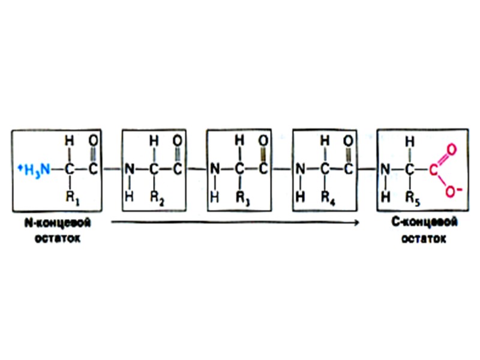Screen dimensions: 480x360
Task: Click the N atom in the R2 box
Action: click(x=128, y=169)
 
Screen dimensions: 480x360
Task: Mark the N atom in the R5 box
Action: click(x=384, y=169)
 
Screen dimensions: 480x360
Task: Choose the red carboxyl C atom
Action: click(x=433, y=169)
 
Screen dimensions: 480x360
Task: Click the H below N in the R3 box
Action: click(x=214, y=196)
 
